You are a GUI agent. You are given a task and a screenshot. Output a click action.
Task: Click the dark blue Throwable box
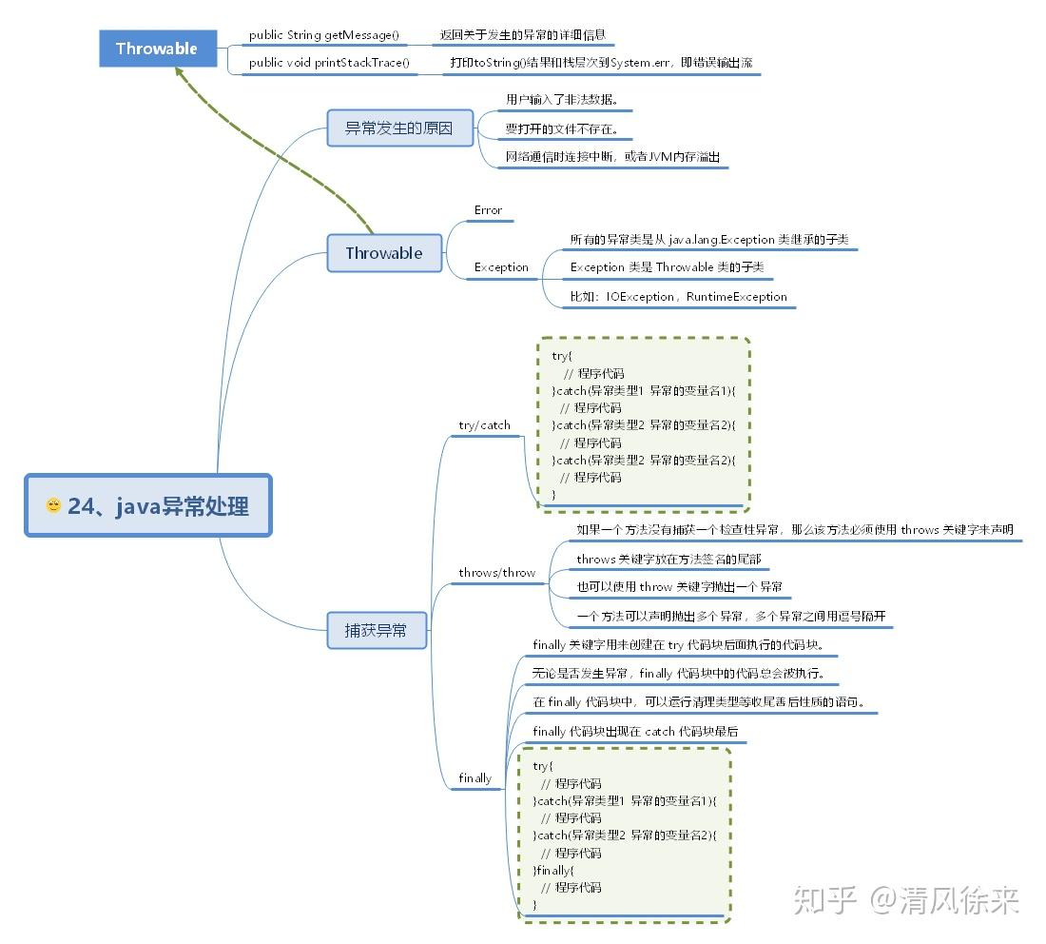pos(157,49)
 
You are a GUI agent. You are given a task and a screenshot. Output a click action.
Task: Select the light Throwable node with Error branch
pos(384,253)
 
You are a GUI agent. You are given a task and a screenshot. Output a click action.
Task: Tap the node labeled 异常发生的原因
pos(399,128)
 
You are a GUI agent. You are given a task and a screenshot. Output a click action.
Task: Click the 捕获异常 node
pos(376,630)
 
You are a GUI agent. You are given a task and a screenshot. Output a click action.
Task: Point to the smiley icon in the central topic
pos(53,505)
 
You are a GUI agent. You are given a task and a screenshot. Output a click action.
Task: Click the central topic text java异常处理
pos(159,506)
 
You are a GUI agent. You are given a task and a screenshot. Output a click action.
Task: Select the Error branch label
pos(488,210)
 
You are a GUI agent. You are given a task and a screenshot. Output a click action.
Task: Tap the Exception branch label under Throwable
pos(501,267)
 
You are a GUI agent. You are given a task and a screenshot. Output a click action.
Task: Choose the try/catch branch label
pos(484,425)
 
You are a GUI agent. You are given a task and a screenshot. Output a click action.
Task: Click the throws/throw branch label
pos(496,573)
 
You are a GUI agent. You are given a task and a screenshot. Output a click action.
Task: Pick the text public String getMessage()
pos(323,35)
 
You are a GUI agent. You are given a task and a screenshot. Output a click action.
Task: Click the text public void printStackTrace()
pos(329,63)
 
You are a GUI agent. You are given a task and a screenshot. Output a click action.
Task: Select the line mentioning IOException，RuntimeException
pos(679,297)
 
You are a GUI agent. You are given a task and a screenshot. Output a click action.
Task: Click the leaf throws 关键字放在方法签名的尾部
pos(668,559)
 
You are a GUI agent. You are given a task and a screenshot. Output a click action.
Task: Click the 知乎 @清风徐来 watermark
pos(905,899)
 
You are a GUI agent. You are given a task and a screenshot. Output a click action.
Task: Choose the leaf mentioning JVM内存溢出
pos(612,157)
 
